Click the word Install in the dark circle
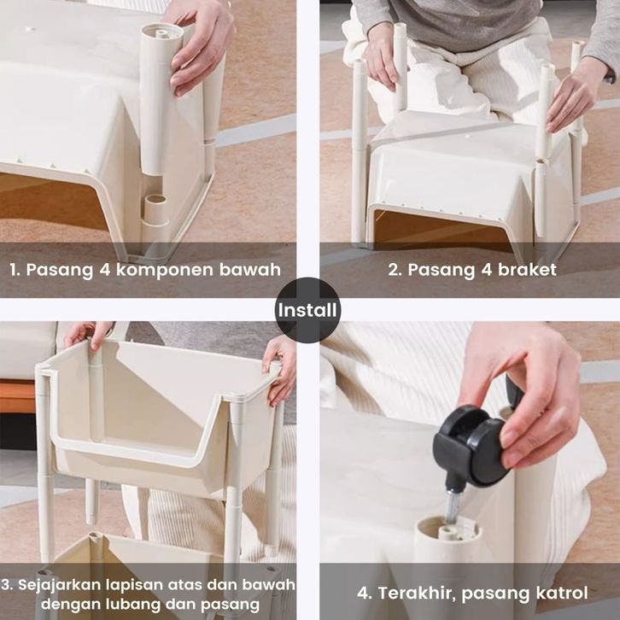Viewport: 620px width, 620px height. pyautogui.click(x=307, y=310)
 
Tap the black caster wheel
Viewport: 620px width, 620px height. pyautogui.click(x=471, y=447)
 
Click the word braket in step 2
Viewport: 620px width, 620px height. pyautogui.click(x=527, y=270)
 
